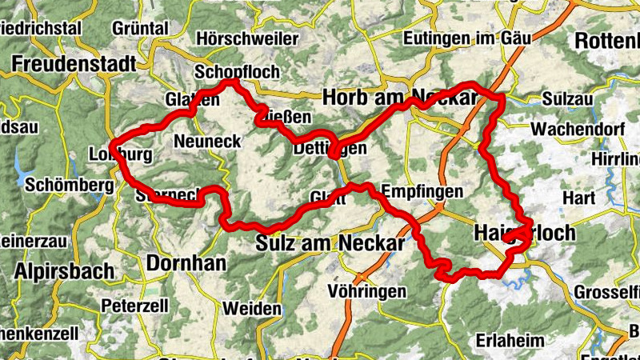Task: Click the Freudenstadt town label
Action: pos(66,62)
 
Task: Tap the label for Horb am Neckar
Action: pos(399,97)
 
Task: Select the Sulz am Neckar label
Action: pos(330,242)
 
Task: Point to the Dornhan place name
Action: pos(186,262)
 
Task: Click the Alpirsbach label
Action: pos(64,270)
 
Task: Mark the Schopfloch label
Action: pos(238,72)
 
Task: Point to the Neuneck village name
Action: pos(207,141)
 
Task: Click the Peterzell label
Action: pos(134,305)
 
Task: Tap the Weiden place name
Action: pos(252,308)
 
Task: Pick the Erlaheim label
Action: pos(510,341)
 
